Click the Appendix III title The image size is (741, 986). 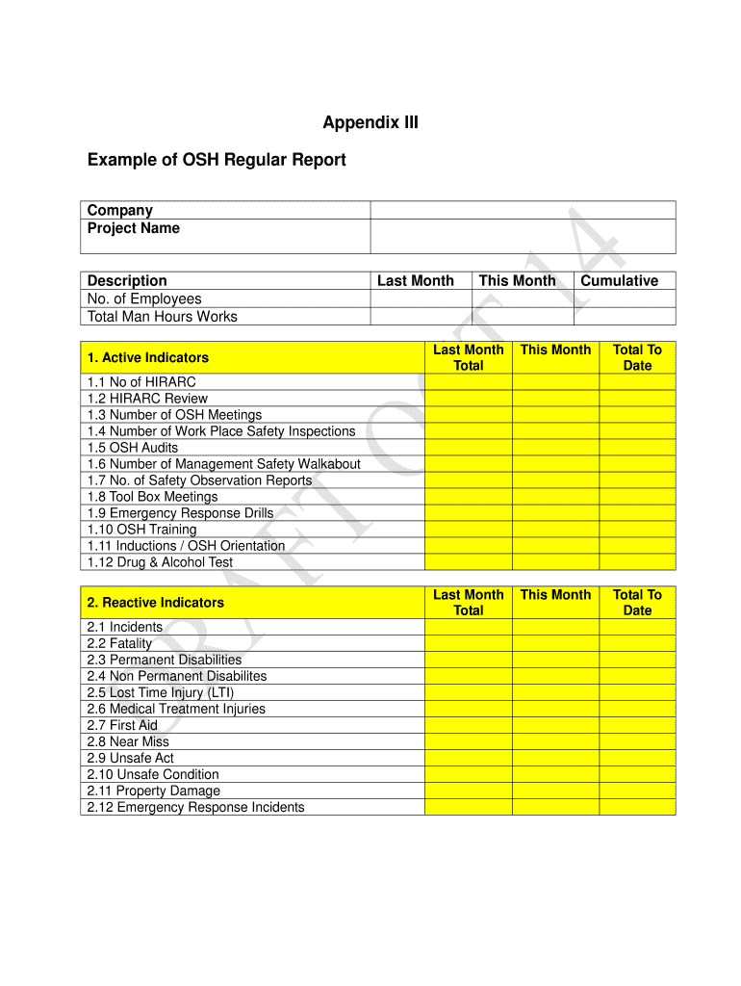(370, 123)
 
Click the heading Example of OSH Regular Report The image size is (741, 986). (217, 160)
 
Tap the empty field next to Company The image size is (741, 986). (523, 210)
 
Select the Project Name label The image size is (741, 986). (134, 228)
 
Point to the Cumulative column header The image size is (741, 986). (619, 281)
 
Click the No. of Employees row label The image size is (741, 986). (144, 298)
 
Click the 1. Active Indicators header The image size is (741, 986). (147, 357)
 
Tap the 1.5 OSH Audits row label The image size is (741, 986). (133, 448)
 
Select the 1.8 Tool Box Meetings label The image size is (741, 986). (152, 497)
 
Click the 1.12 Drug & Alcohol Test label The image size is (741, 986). (160, 562)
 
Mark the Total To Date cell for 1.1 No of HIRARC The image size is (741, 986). (637, 382)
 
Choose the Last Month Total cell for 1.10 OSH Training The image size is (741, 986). (468, 530)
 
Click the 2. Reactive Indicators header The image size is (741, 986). (155, 603)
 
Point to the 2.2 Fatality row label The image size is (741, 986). (119, 643)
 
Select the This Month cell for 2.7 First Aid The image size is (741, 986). (555, 725)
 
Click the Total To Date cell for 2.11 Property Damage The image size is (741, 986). (637, 791)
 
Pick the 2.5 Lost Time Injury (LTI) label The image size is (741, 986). (161, 692)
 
